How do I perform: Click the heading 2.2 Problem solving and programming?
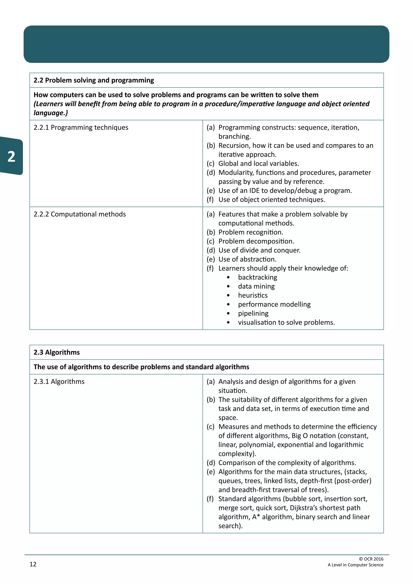point(94,80)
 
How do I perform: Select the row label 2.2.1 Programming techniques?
point(81,127)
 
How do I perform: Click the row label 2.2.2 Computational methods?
point(80,214)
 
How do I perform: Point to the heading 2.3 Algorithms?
point(56,352)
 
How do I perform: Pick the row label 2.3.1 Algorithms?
point(59,382)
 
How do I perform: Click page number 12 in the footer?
point(33,564)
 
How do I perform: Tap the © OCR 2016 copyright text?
point(371,559)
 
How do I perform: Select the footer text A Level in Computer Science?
point(355,565)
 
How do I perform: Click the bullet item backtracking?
point(257,277)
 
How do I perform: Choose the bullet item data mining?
point(256,286)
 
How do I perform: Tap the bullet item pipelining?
point(253,313)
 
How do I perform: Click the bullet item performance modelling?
point(274,305)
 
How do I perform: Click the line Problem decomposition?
point(256,241)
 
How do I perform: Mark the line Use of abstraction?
point(247,259)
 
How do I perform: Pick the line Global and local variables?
point(258,164)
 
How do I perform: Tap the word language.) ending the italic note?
point(51,113)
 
